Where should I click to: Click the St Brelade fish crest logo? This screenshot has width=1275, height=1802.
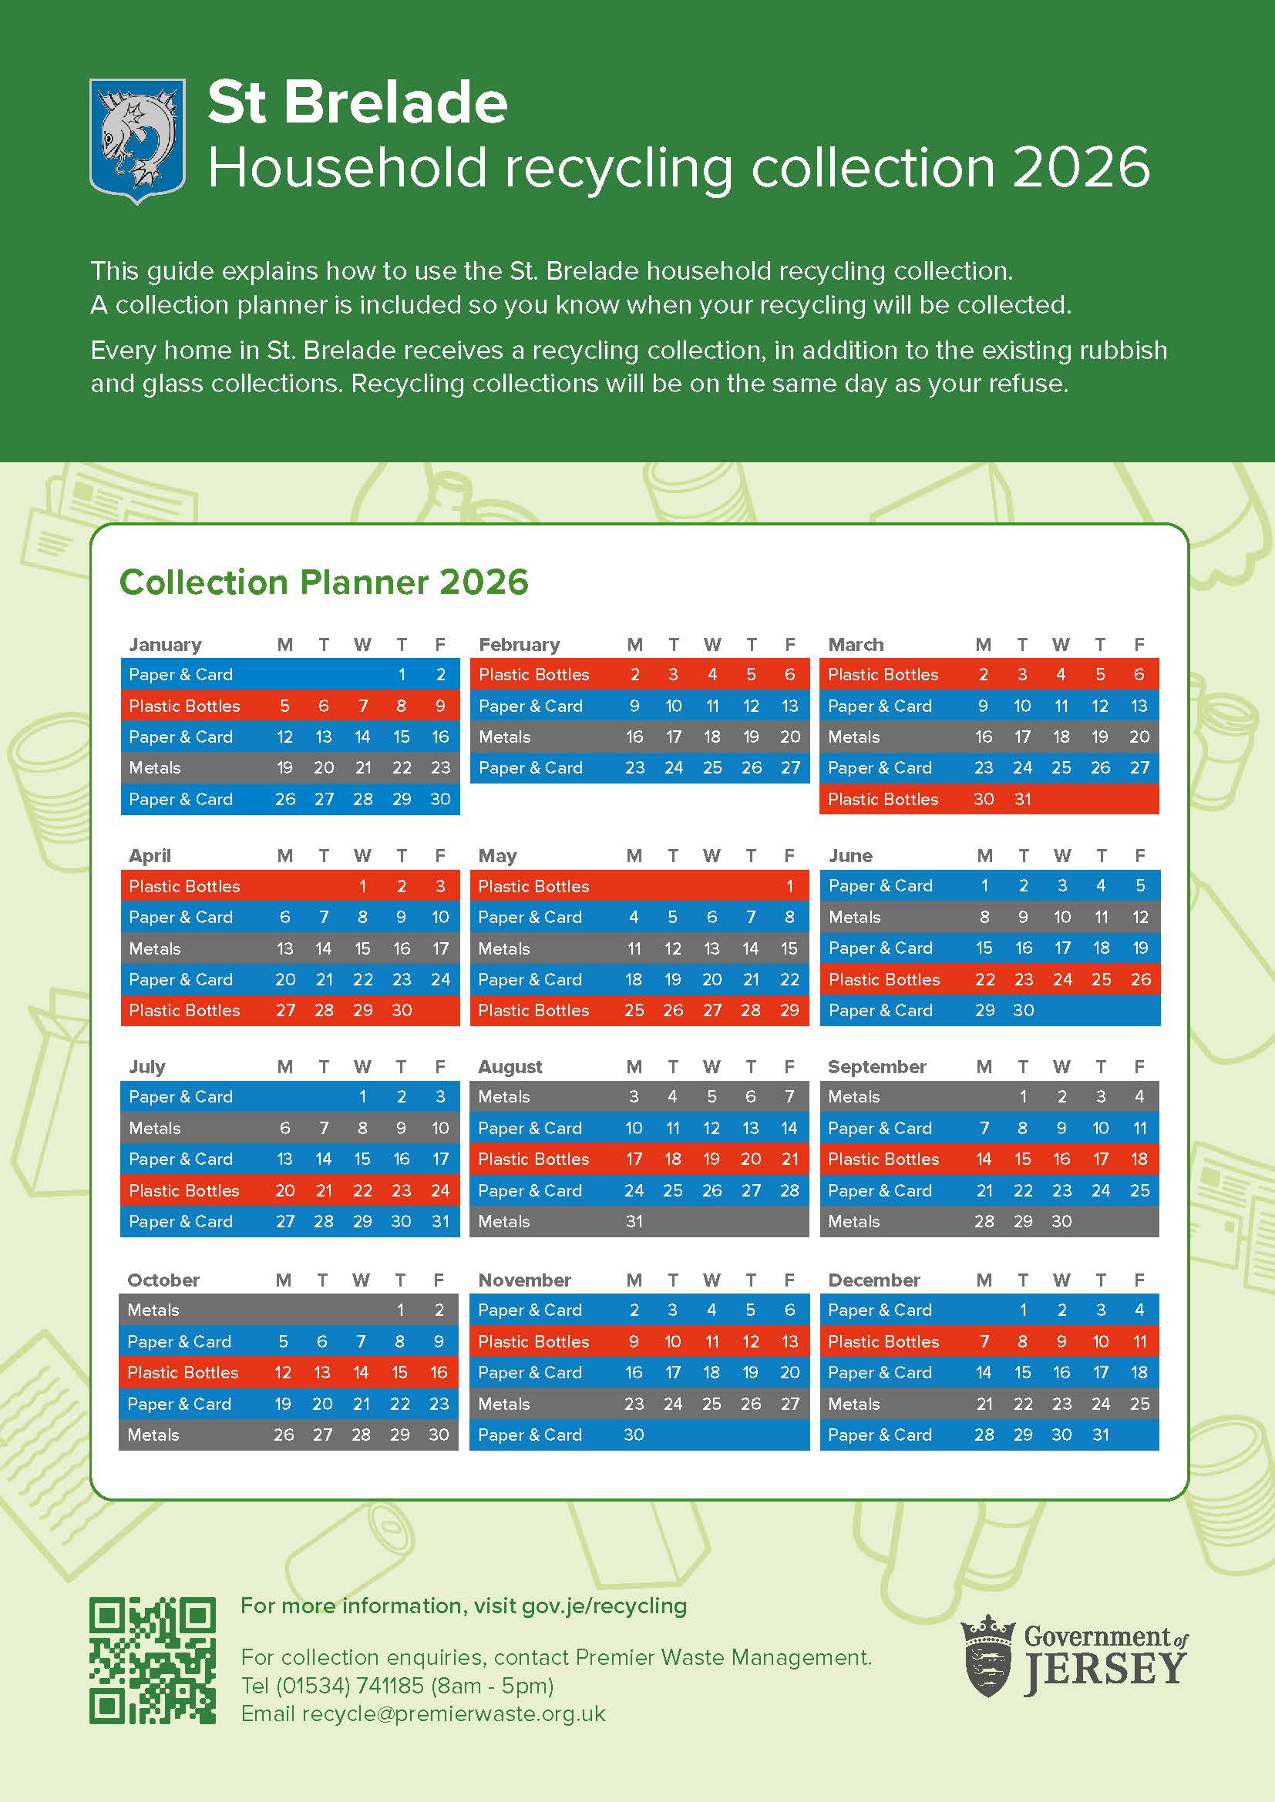137,139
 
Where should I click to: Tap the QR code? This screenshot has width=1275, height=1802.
153,1660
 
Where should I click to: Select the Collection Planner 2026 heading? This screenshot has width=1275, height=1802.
324,582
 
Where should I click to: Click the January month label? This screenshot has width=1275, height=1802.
165,645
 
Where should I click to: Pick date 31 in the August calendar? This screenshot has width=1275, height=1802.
634,1221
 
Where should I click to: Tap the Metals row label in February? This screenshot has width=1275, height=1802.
505,737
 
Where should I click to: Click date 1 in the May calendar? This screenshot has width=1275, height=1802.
789,886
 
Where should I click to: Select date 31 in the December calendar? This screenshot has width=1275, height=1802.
1100,1435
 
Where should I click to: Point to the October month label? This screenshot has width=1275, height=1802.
163,1280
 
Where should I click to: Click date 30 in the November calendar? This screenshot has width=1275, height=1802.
634,1435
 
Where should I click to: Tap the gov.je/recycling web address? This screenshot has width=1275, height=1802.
604,1606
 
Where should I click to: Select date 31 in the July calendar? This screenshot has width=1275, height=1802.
440,1221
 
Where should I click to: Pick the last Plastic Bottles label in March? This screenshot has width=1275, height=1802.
883,799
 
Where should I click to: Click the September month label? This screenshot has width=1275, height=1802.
877,1066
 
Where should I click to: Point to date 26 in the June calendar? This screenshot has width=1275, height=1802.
1140,979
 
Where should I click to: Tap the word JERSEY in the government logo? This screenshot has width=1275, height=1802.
1104,1669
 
